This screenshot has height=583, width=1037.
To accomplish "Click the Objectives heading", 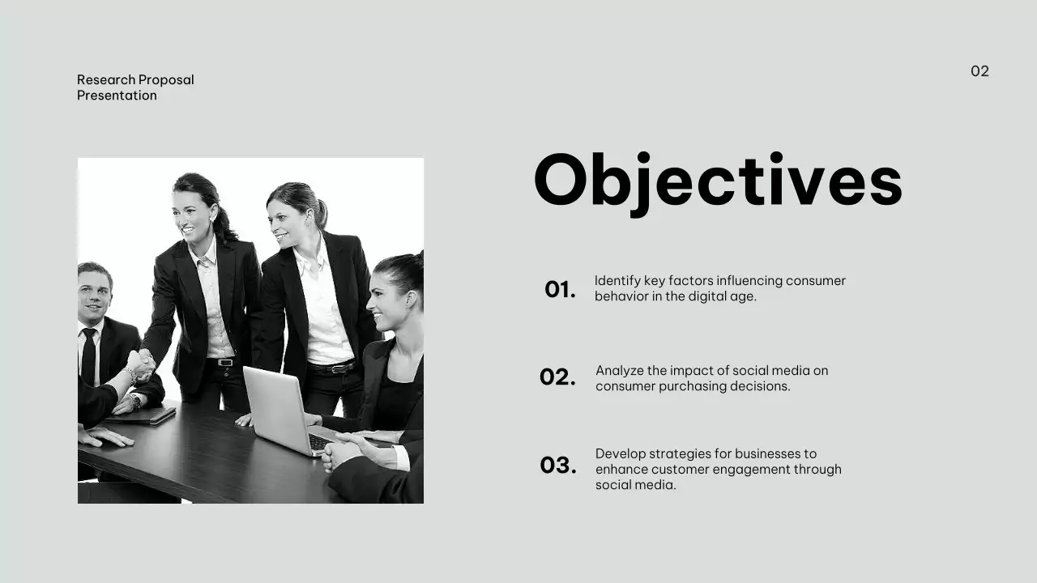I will coord(718,181).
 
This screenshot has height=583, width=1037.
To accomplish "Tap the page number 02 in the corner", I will coord(979,71).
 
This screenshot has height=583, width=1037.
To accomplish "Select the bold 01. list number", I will coord(560,290).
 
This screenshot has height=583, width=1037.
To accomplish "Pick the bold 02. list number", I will coord(557,377).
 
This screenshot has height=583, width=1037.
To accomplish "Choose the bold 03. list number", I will coord(558,466).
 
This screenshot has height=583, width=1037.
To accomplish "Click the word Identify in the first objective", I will coord(617,281).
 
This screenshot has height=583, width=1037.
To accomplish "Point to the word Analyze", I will coord(621,371).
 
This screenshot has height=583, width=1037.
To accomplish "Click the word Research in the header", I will coord(106,79).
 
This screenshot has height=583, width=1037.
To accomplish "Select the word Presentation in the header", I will coord(117,96).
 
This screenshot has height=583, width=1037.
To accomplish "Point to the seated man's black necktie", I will coord(88,356).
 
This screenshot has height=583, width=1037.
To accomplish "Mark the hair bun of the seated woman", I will coord(417,262).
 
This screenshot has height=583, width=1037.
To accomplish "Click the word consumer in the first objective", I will coord(815,281).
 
